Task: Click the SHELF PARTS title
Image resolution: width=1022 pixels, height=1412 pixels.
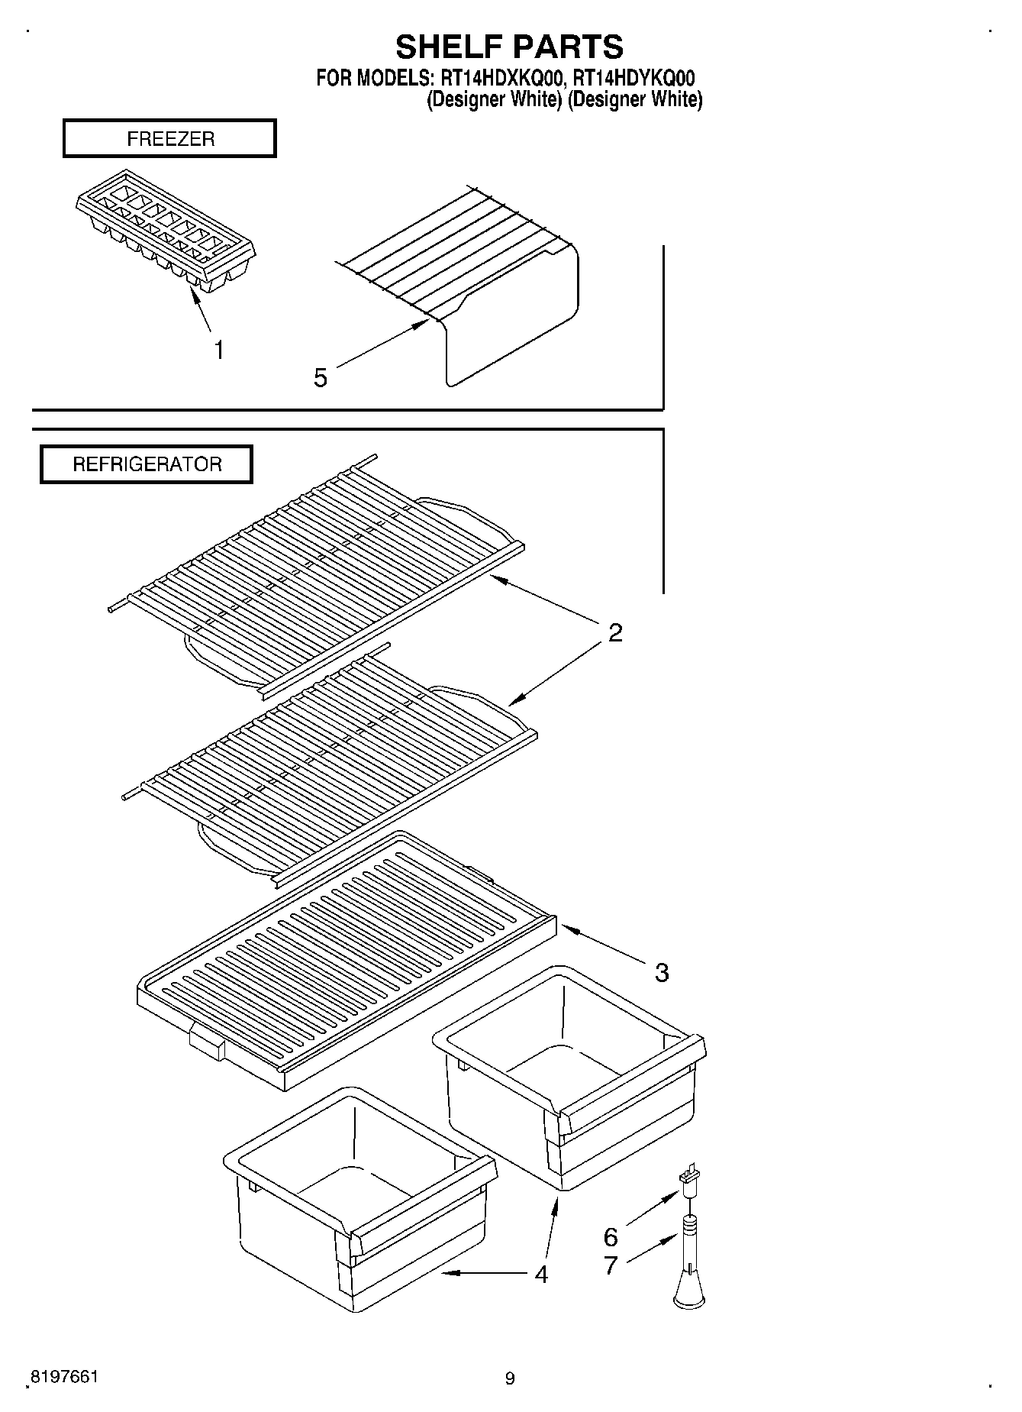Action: [509, 47]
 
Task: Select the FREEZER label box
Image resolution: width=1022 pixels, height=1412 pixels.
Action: [169, 139]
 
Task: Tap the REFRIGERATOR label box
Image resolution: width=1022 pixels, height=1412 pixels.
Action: [147, 464]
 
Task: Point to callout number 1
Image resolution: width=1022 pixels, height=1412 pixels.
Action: [219, 351]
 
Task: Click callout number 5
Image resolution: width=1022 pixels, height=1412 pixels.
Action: [321, 377]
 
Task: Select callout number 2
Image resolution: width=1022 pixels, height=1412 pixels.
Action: [615, 632]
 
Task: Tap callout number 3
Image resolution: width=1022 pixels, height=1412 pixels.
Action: [662, 972]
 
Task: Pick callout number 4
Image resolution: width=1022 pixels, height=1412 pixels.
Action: [541, 1274]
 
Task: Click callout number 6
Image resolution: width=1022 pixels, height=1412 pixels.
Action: [611, 1236]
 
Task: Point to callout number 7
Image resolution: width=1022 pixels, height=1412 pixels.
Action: [611, 1265]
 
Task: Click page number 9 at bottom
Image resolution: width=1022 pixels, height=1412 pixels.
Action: [510, 1378]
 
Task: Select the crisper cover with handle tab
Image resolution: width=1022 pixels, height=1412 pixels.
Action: [343, 962]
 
